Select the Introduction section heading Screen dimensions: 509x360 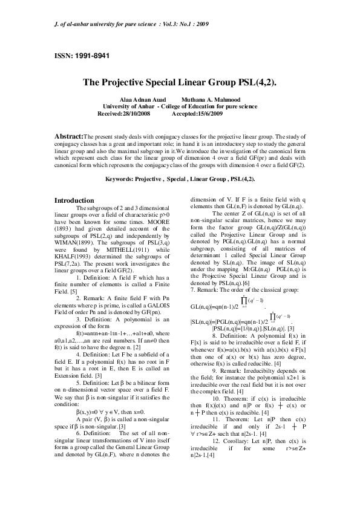[x=74, y=200]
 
